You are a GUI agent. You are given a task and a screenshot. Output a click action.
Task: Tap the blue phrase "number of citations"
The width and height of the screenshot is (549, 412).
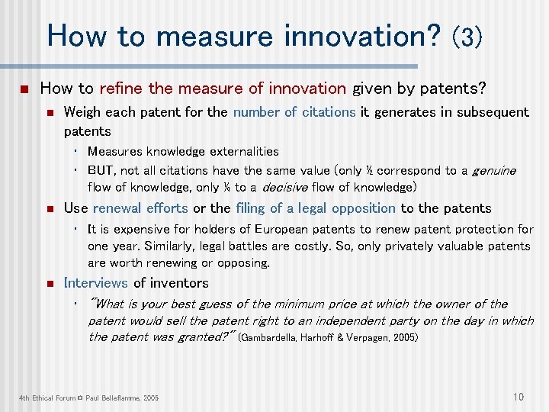pos(294,112)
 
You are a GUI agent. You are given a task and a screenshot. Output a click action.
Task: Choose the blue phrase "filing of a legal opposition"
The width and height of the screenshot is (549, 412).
pos(316,208)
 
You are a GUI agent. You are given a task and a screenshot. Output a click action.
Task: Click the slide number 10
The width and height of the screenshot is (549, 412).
pos(518,396)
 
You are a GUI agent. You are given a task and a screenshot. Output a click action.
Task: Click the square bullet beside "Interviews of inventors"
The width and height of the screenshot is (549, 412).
pos(47,284)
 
